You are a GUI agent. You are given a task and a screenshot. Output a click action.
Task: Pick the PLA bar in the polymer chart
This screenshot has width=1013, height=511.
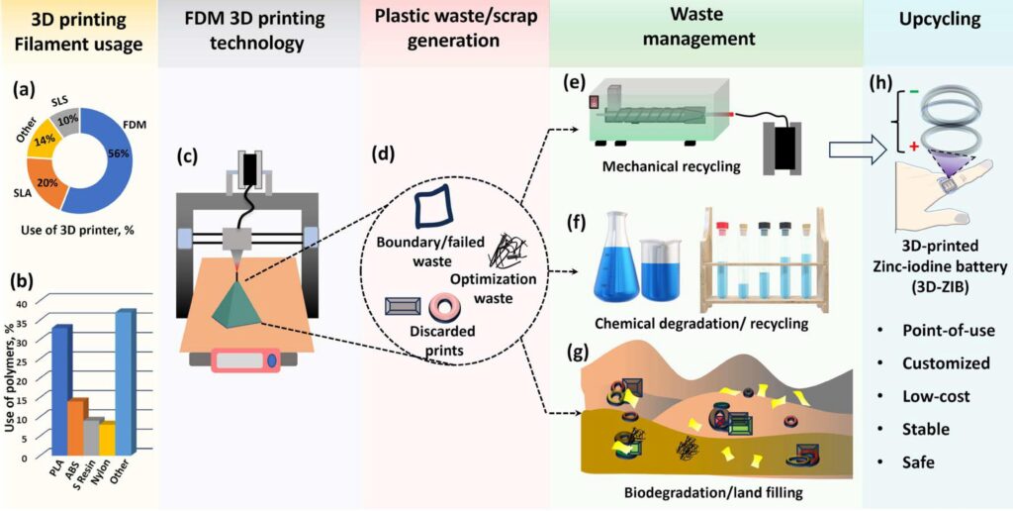(61, 390)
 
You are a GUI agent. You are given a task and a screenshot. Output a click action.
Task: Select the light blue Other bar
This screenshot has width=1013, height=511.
(126, 381)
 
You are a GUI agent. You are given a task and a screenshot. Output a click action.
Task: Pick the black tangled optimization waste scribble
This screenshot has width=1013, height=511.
(507, 252)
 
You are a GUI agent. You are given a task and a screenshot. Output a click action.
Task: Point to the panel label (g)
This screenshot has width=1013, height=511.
(588, 354)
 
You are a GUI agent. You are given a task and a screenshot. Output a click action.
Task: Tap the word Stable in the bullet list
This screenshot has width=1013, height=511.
(926, 429)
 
